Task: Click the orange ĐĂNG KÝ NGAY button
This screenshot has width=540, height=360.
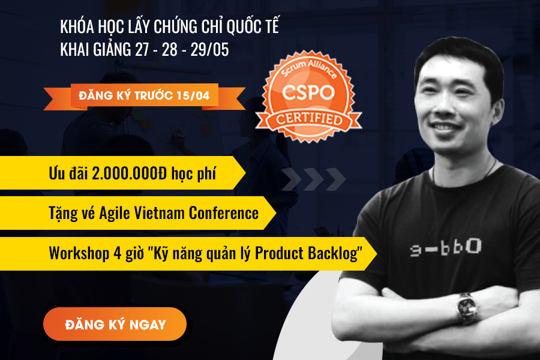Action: [115, 324]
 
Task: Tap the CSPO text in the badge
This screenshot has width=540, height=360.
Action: [308, 92]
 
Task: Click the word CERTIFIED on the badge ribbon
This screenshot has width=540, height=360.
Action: [309, 119]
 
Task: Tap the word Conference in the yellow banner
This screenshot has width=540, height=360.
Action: [224, 213]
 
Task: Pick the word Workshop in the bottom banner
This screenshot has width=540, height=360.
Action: [79, 254]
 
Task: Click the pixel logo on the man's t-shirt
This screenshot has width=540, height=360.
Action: [446, 247]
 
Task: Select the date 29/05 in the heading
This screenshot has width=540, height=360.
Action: [210, 49]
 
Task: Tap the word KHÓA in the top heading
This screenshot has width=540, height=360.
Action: [77, 26]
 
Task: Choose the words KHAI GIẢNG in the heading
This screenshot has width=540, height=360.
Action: [95, 49]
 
